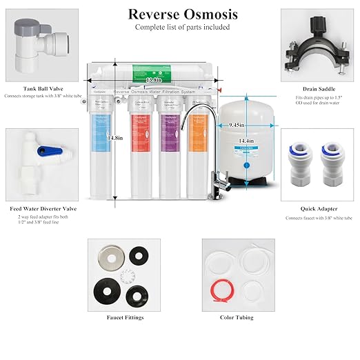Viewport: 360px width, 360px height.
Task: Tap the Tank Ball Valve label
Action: coord(40,88)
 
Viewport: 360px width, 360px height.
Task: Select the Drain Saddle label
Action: coord(319,88)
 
